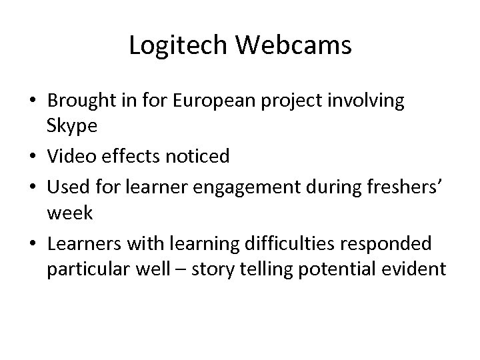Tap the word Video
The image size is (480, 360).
coord(69,157)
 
